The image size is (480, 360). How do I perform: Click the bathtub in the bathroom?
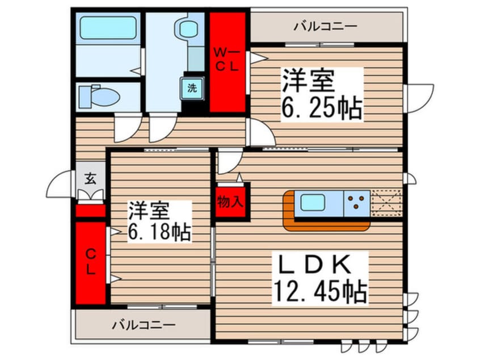pyautogui.click(x=108, y=28)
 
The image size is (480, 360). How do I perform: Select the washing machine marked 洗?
pyautogui.click(x=192, y=88)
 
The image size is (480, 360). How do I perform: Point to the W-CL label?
pyautogui.click(x=227, y=60)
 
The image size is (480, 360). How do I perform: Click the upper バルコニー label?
pyautogui.click(x=326, y=26)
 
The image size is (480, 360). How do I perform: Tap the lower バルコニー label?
pyautogui.click(x=144, y=324)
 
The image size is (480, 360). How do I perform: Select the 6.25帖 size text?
pyautogui.click(x=322, y=109)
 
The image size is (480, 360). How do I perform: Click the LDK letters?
pyautogui.click(x=315, y=265)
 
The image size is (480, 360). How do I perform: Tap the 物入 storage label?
pyautogui.click(x=230, y=202)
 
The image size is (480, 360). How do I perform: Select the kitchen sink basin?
pyautogui.click(x=313, y=203)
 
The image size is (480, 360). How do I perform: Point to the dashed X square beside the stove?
pyautogui.click(x=386, y=203)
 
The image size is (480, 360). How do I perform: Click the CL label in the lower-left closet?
pyautogui.click(x=90, y=261)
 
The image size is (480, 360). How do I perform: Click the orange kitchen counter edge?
pyautogui.click(x=326, y=225)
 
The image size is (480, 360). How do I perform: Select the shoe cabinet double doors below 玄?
pyautogui.click(x=90, y=195)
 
